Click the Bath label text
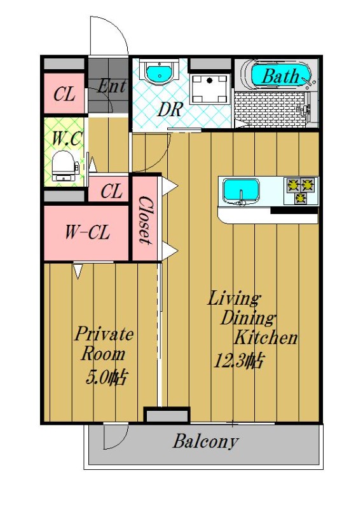280,76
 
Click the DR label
170,109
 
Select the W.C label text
65,137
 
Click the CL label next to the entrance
64,95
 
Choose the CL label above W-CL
111,190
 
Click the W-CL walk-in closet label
87,232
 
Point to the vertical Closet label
145,220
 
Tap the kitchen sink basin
240,190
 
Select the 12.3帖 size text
239,361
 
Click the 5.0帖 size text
107,378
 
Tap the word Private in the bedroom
104,333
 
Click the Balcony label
205,441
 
